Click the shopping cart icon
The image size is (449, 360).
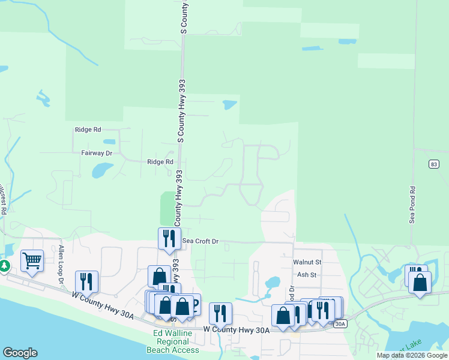coord(31,260)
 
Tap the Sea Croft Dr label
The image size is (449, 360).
coord(200,241)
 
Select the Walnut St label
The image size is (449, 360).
coord(307,262)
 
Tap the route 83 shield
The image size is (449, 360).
coord(434,164)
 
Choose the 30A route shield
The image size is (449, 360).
coord(340,324)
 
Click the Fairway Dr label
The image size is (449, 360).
coord(97,153)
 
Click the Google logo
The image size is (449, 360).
coord(20,353)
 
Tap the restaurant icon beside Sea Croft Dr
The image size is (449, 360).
coord(169,238)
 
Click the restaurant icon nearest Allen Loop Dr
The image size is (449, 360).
coord(86,281)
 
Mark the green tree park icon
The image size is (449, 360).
coord(4,265)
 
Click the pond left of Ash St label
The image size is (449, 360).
coord(272,282)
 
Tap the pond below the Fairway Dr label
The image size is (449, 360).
coord(99,171)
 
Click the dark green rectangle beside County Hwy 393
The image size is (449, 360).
coord(167,208)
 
